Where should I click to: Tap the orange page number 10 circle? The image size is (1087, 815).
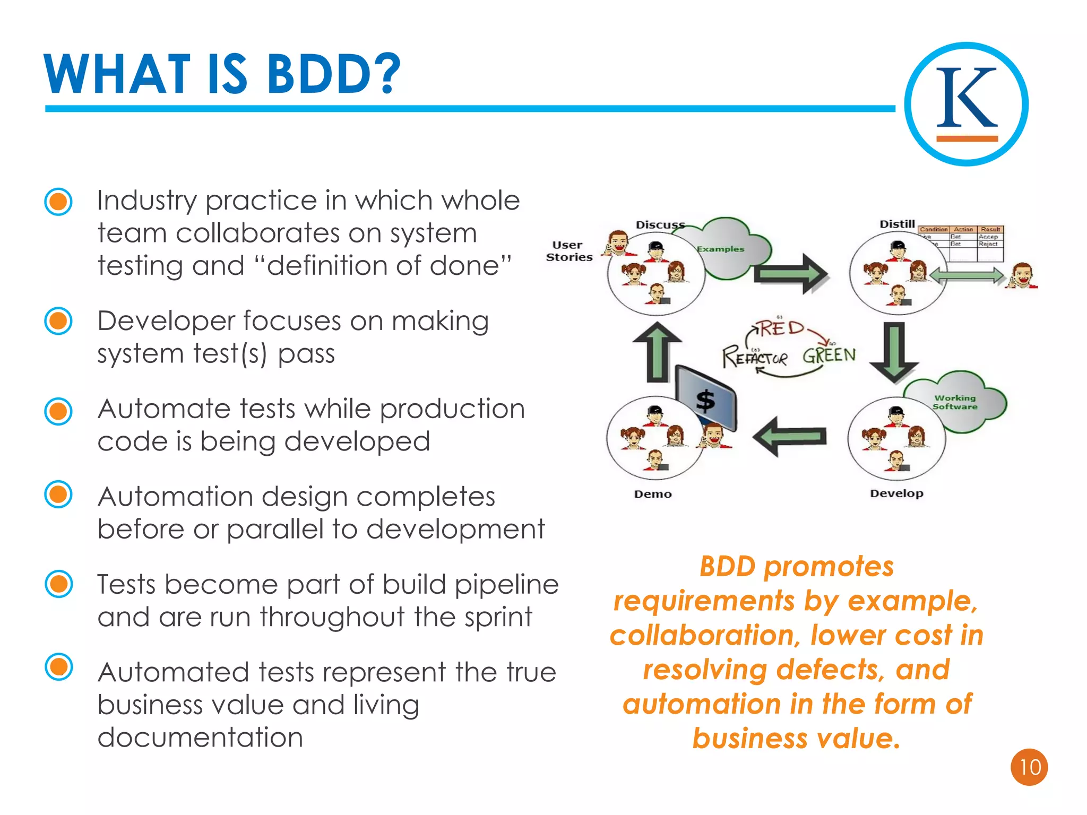(x=1029, y=767)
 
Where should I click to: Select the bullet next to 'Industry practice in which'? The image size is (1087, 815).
(x=58, y=202)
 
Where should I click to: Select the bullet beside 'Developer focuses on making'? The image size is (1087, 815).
(x=58, y=321)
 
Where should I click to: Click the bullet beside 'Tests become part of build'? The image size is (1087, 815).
(x=58, y=584)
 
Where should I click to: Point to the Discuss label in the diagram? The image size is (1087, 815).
(x=660, y=225)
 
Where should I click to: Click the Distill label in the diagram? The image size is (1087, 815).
(x=897, y=224)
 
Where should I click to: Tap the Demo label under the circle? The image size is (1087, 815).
(x=653, y=494)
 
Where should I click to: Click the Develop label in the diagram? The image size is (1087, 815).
(x=896, y=493)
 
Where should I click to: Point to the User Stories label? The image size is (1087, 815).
(x=569, y=251)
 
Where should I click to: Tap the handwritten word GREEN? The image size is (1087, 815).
(x=829, y=355)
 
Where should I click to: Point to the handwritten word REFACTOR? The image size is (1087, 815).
(x=755, y=357)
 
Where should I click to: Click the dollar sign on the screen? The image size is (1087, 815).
(x=705, y=401)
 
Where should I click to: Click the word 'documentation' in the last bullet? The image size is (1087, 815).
(x=200, y=738)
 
